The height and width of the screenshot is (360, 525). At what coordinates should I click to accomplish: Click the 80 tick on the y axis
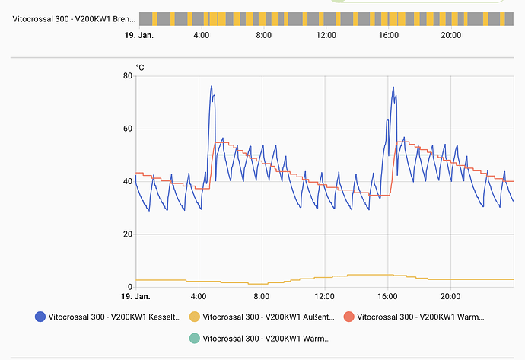(128, 76)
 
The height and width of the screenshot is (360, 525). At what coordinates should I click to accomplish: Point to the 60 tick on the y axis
(128, 129)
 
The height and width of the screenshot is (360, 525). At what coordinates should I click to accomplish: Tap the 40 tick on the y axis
(128, 181)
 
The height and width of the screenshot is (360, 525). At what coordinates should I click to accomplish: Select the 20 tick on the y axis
(128, 234)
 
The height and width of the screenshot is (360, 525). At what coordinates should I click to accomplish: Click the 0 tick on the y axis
(130, 287)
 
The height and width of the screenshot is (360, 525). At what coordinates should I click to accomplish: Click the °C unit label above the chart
(140, 68)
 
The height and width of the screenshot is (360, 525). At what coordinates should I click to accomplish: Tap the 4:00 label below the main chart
(199, 296)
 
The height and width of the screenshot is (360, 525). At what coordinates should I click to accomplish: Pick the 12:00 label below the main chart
(325, 296)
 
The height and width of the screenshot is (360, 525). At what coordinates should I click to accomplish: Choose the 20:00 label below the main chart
(450, 296)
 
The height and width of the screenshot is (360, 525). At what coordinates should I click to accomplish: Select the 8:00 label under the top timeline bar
(263, 35)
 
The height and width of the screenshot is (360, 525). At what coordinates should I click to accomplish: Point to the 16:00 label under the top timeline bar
(388, 35)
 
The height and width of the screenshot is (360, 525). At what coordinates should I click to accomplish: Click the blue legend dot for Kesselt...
(40, 317)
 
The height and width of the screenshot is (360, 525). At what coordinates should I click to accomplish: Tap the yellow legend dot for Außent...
(194, 317)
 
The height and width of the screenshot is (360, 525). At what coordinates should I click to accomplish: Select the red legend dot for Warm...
(348, 317)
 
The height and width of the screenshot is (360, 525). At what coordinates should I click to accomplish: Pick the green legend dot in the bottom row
(194, 338)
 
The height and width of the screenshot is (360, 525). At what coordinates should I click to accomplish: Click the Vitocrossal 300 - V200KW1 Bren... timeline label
(74, 18)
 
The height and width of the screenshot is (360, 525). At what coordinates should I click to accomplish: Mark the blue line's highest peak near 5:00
(212, 86)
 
